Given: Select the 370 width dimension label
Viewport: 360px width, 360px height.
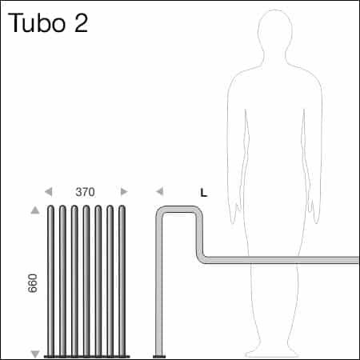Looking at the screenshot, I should (x=86, y=192).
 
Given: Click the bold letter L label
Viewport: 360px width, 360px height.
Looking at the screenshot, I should (x=203, y=193).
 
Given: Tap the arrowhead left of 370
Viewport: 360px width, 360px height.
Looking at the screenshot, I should (x=49, y=192).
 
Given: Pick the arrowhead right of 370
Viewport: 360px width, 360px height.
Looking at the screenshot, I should (x=123, y=192).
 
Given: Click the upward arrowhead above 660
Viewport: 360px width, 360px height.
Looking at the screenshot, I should (x=34, y=210).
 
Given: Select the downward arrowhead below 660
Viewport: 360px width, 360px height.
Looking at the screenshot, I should (x=34, y=353).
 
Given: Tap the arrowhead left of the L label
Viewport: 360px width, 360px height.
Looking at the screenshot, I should (x=159, y=192).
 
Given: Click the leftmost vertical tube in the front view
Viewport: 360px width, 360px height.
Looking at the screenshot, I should (x=51, y=280).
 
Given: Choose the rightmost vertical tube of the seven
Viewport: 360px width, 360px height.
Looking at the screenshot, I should (x=122, y=280).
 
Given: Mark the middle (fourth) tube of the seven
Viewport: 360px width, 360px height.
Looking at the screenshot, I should (x=86, y=280).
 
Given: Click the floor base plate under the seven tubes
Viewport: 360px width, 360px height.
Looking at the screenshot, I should (x=86, y=356).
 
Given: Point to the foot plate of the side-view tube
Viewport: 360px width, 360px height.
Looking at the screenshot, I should (x=159, y=356).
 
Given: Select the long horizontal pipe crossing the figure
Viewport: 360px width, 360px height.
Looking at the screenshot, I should (x=280, y=260).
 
